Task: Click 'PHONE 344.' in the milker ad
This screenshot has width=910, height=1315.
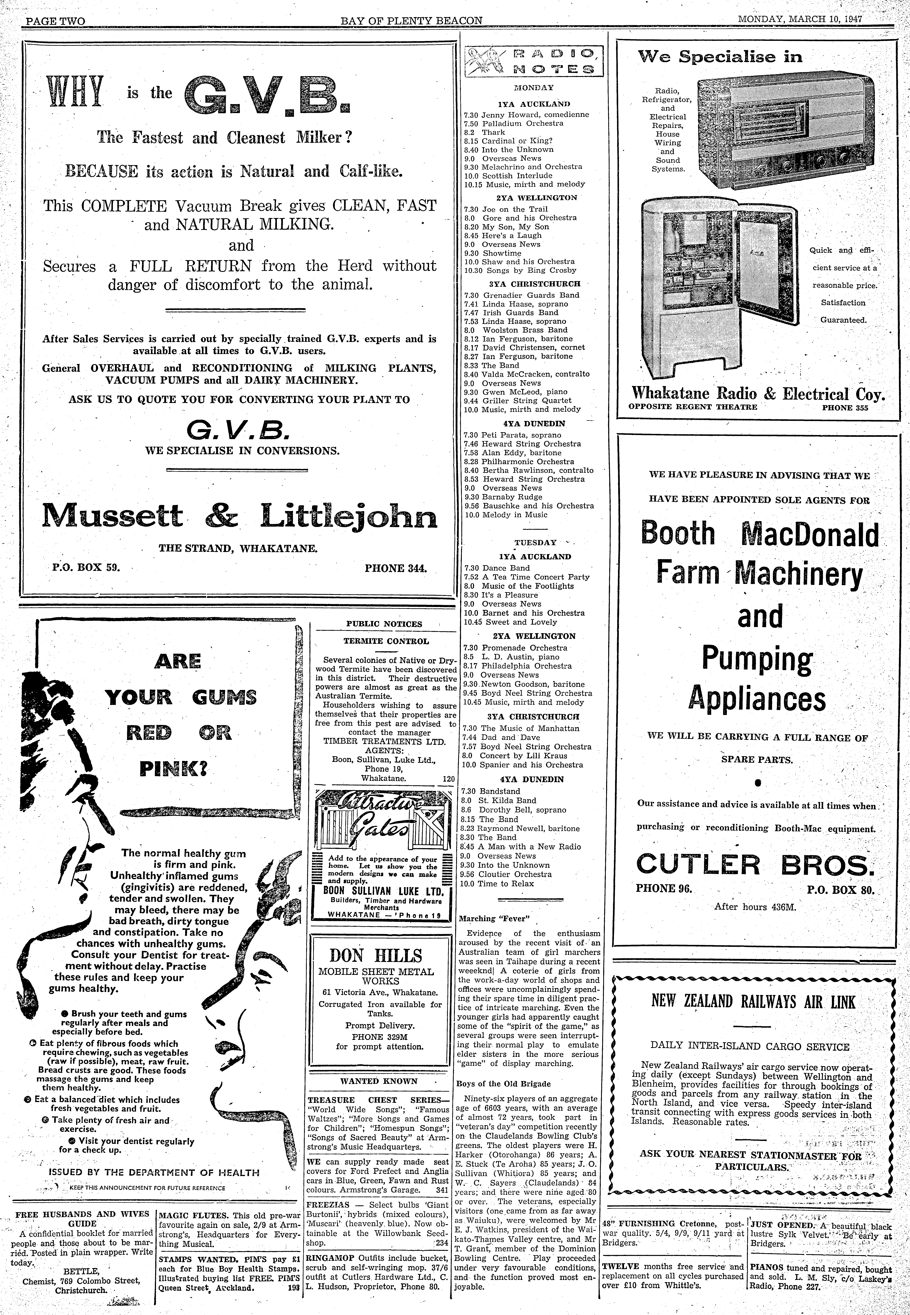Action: pos(396,568)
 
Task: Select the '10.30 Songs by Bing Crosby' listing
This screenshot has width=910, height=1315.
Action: pos(520,270)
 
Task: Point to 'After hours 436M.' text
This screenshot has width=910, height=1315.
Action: pos(755,906)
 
